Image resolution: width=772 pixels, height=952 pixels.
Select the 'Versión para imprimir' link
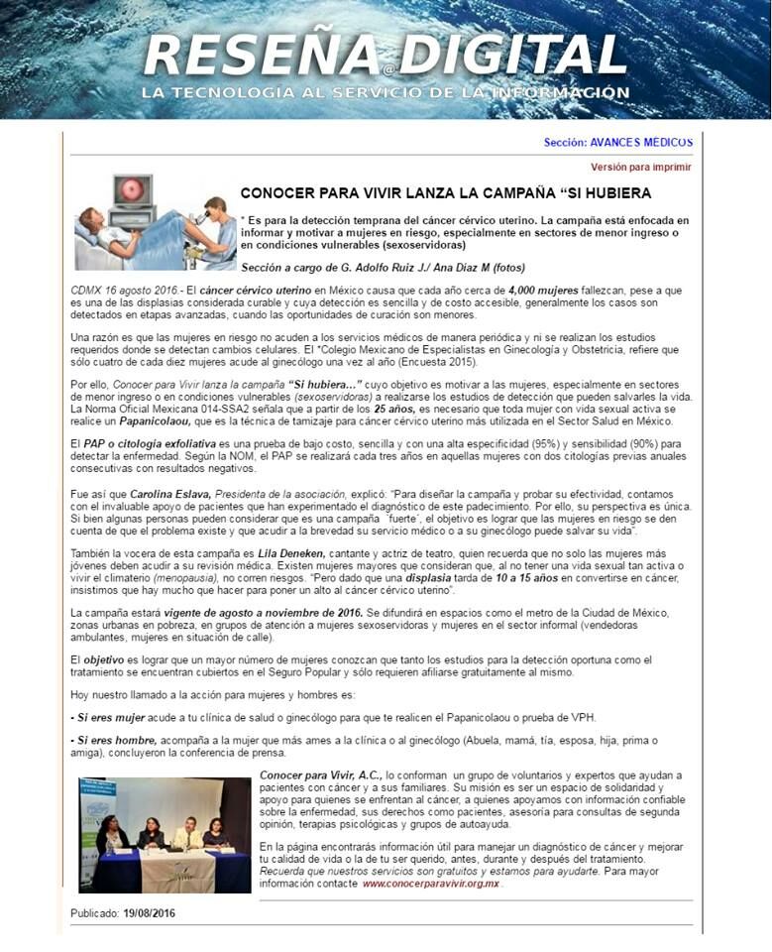pos(641,168)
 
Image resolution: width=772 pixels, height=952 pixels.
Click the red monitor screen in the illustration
pos(130,189)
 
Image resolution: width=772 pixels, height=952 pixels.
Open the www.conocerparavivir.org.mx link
pos(430,883)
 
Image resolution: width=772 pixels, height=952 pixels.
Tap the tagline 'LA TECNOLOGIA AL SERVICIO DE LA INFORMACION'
pos(386,93)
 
